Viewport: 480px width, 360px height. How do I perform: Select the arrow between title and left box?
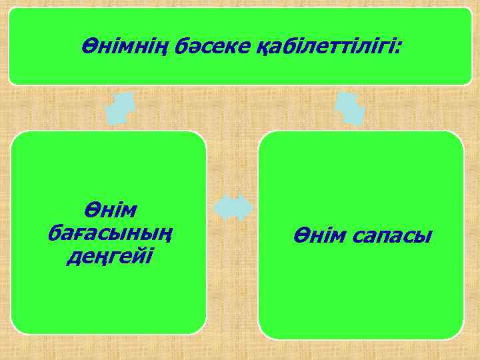tap(121, 107)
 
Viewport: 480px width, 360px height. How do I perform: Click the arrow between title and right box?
tap(349, 107)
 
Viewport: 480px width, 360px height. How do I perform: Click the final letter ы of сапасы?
tap(424, 237)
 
